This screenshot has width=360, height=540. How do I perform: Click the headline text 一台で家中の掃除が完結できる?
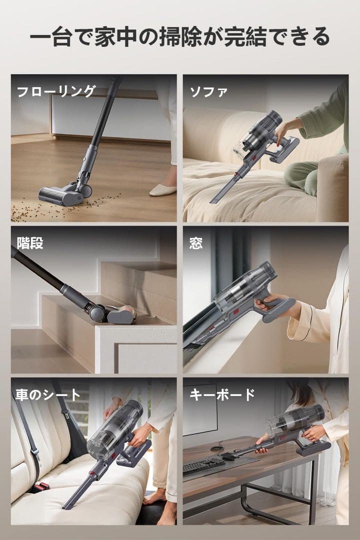(179, 37)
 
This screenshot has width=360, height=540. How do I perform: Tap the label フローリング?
(56, 91)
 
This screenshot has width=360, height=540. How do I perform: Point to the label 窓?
(196, 243)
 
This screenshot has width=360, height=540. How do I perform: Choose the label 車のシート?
(47, 394)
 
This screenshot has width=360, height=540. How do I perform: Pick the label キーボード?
(222, 394)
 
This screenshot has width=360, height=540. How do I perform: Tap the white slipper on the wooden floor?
(162, 190)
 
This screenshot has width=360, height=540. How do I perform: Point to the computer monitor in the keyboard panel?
(200, 410)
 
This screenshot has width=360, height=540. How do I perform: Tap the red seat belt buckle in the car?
(41, 485)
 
